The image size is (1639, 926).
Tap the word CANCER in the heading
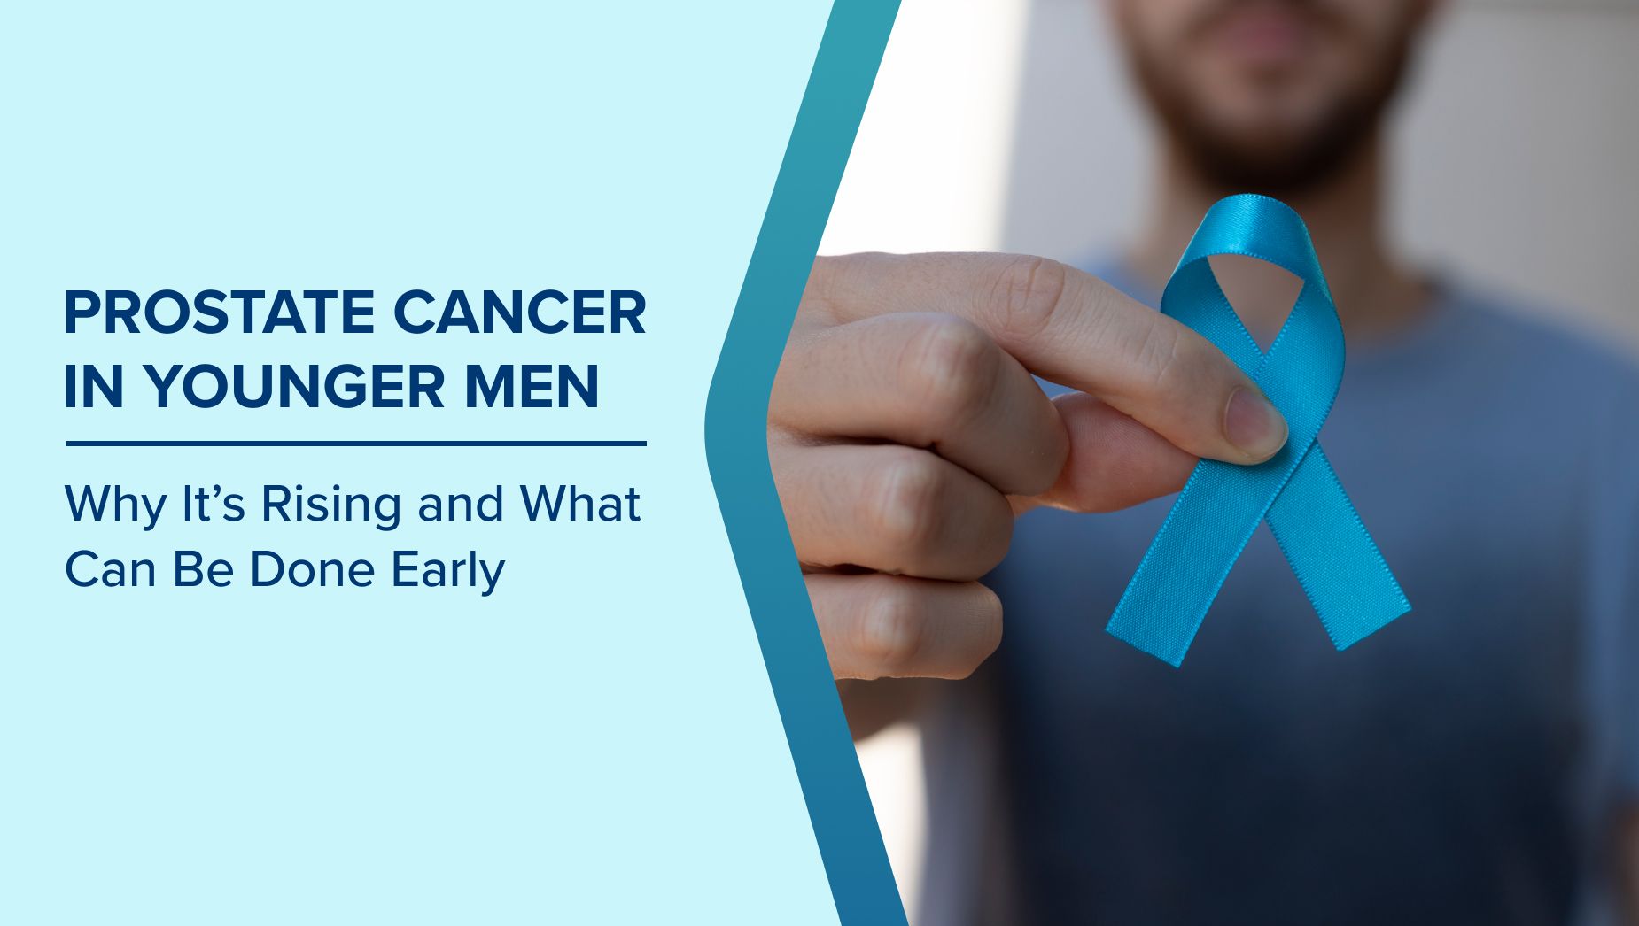pyautogui.click(x=520, y=313)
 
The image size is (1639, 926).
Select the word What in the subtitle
pyautogui.click(x=580, y=504)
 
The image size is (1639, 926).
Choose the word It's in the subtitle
pyautogui.click(x=213, y=504)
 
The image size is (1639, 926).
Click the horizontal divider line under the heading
pyautogui.click(x=356, y=444)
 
